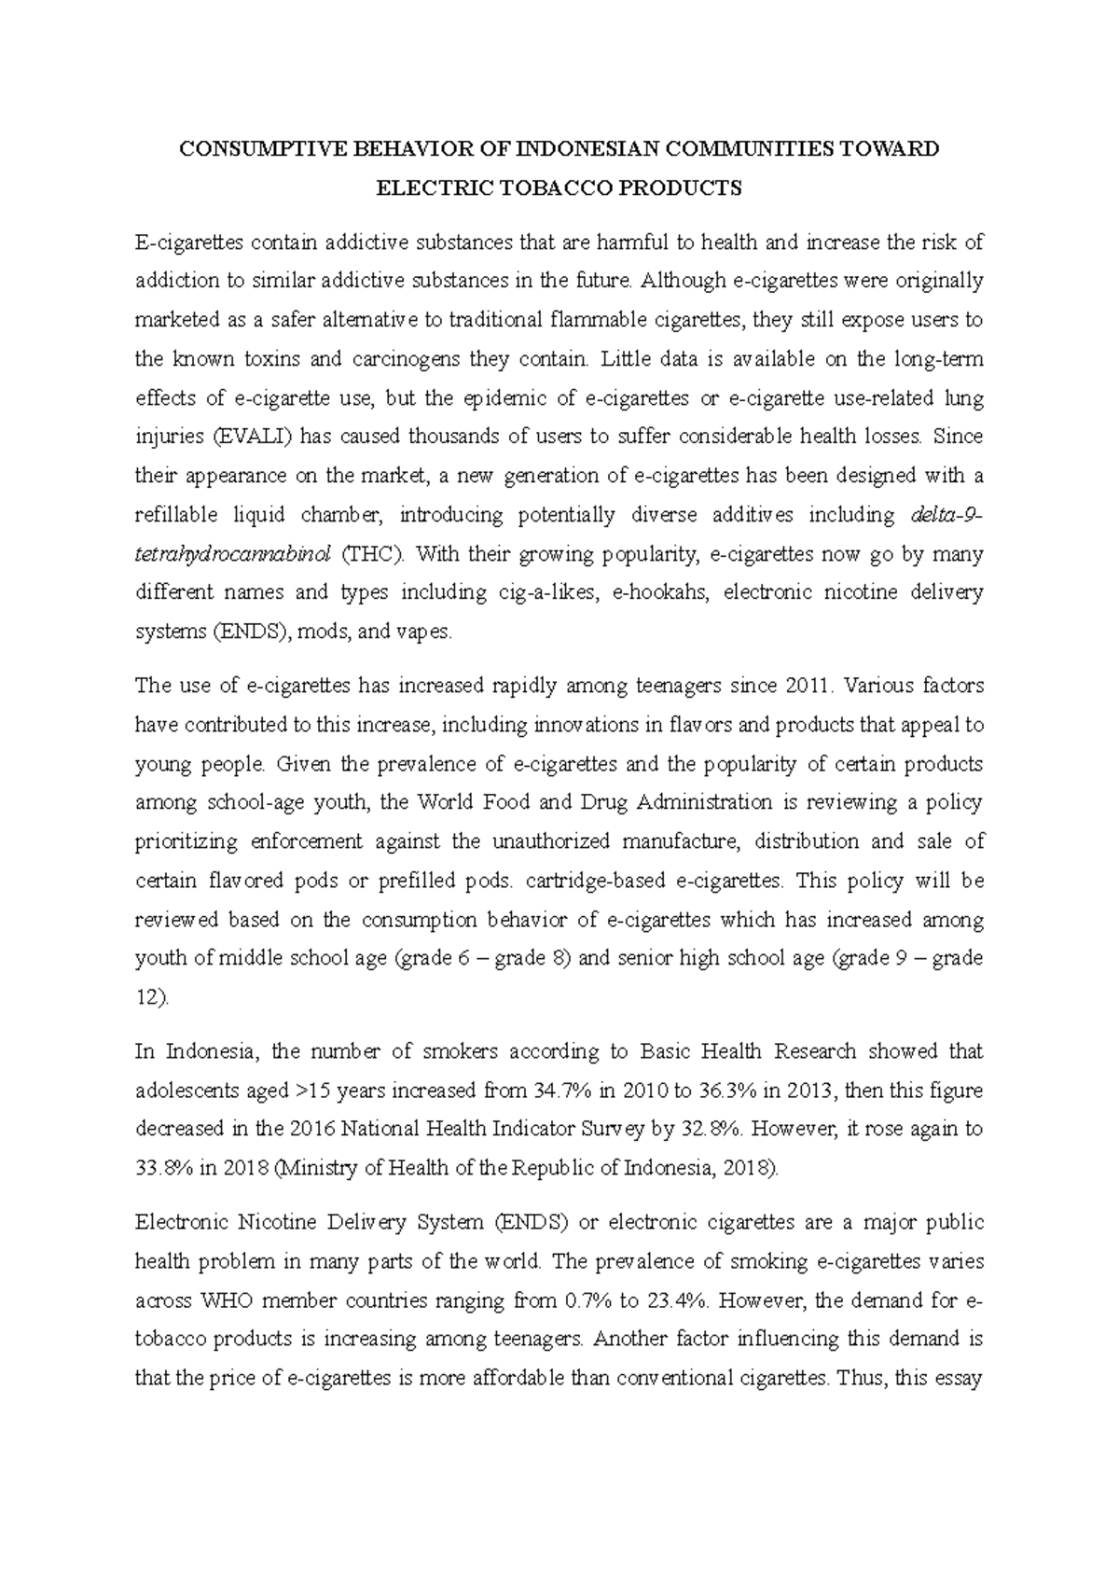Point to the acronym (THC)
(x=374, y=554)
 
